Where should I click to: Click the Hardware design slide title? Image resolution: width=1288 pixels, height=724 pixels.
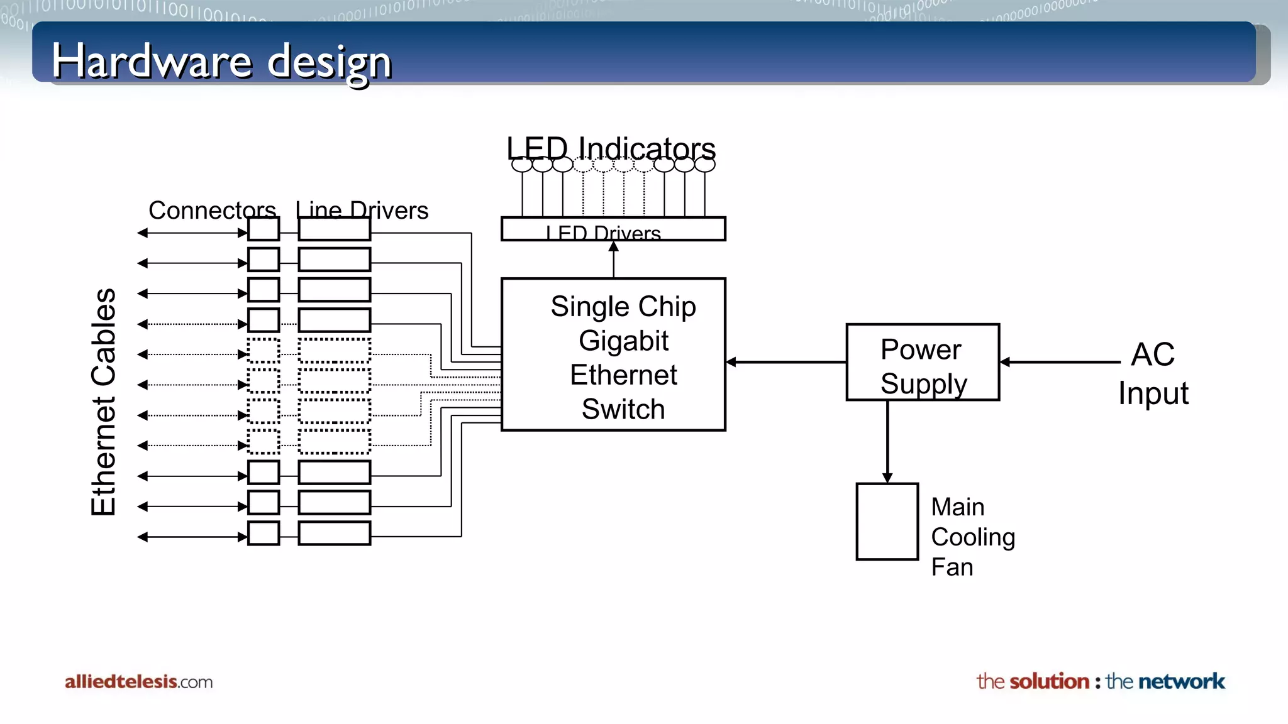click(221, 62)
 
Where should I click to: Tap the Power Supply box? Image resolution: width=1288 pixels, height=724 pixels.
click(923, 363)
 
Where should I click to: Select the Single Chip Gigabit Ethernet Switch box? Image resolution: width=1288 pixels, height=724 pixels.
click(613, 355)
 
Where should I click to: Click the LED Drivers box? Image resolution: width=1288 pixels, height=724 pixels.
click(613, 229)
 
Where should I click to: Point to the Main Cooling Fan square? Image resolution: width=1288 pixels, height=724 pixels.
click(887, 522)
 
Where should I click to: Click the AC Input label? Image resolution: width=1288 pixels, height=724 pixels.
click(1153, 373)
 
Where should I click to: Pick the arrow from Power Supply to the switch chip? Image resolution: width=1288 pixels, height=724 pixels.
click(786, 362)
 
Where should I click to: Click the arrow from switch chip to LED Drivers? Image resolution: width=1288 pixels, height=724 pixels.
click(614, 260)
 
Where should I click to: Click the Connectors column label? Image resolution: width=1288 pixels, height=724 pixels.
click(212, 210)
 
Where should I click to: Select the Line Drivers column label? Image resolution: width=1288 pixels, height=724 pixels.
click(362, 210)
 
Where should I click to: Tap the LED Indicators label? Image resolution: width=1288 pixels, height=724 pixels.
click(611, 148)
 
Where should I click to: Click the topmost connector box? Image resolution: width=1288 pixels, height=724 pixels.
click(264, 229)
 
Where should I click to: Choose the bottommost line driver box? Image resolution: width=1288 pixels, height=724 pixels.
click(334, 533)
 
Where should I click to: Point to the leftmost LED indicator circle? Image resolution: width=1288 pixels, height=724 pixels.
click(522, 165)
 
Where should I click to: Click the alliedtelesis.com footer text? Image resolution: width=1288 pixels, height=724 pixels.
click(138, 682)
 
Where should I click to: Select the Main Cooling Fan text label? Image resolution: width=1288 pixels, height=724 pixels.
click(972, 537)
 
